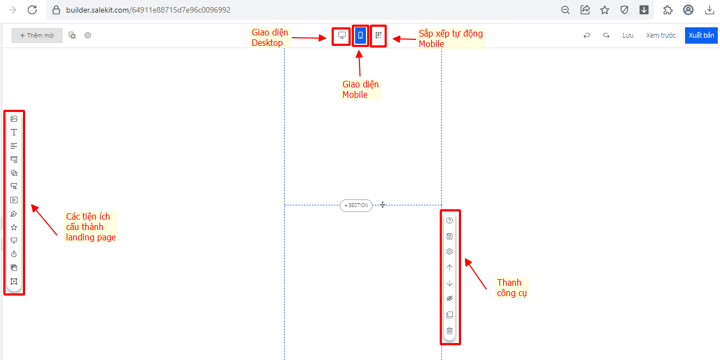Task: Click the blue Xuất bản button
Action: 701,35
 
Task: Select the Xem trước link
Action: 660,35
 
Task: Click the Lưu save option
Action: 628,35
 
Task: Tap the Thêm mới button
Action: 37,36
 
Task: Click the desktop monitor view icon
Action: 342,36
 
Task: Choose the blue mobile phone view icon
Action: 361,36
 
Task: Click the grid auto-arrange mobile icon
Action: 378,36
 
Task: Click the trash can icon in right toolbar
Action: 450,331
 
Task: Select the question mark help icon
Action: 450,221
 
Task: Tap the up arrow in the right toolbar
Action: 450,268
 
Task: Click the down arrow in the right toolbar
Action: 450,284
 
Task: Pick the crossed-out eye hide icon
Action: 450,299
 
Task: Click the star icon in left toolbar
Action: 14,227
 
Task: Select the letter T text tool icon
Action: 14,132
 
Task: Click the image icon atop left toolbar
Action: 14,119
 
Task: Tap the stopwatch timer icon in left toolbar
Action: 14,254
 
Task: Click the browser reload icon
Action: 32,10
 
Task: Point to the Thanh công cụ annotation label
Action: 509,288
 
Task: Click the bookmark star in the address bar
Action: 605,10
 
